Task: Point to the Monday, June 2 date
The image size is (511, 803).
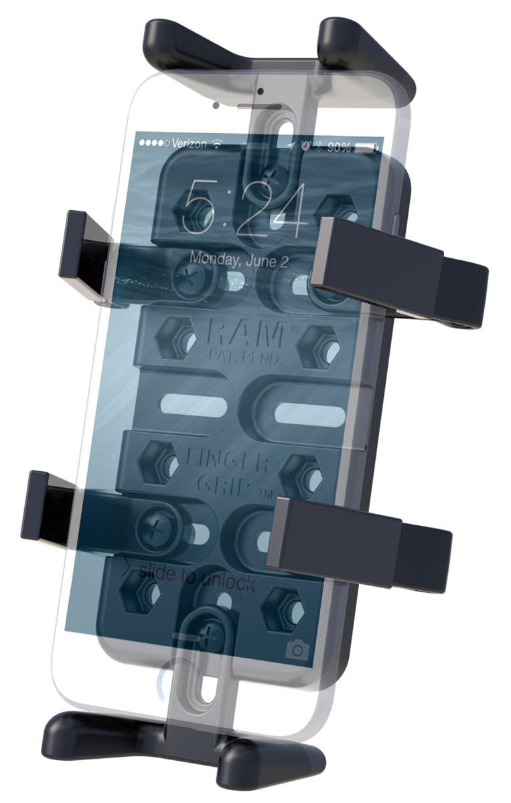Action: [x=238, y=259]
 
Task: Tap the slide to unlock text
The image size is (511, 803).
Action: [x=197, y=577]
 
